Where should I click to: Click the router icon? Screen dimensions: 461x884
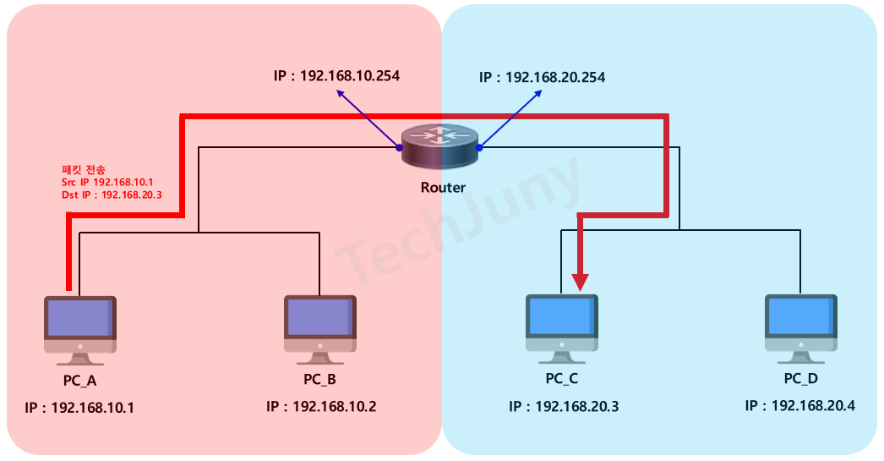[x=439, y=147]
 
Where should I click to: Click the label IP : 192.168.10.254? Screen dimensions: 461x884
[x=336, y=75]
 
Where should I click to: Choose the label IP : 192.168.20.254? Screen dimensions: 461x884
[x=542, y=77]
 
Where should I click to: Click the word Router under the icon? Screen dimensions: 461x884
[x=443, y=187]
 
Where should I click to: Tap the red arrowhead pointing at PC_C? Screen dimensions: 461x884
[x=581, y=279]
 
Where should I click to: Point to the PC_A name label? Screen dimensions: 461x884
[x=81, y=379]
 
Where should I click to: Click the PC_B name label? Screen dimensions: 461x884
[x=320, y=378]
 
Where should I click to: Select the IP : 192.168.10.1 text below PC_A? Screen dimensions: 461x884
[x=80, y=408]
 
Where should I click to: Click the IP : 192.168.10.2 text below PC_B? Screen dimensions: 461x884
[x=321, y=406]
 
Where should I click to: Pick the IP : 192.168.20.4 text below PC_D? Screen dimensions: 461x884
[x=799, y=405]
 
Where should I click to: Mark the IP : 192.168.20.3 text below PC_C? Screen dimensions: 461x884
[x=564, y=406]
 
